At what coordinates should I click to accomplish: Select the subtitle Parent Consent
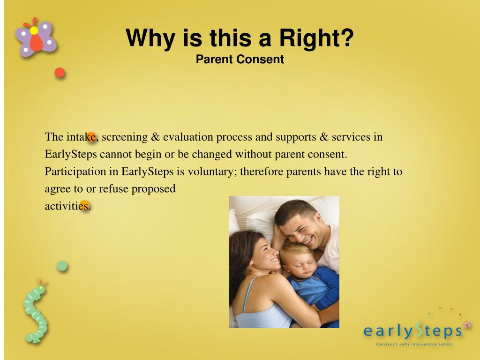tap(240, 60)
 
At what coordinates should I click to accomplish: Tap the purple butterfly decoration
tap(36, 37)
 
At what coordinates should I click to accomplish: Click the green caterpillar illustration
tap(36, 311)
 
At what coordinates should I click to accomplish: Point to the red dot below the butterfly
tap(60, 73)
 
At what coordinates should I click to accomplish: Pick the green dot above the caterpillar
tap(62, 266)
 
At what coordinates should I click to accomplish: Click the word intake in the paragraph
tap(81, 137)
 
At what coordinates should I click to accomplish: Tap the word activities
tap(67, 206)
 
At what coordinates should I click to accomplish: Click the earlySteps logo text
tap(413, 331)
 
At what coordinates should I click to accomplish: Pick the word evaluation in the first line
tap(188, 137)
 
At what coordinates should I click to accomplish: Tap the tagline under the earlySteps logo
tap(414, 345)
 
